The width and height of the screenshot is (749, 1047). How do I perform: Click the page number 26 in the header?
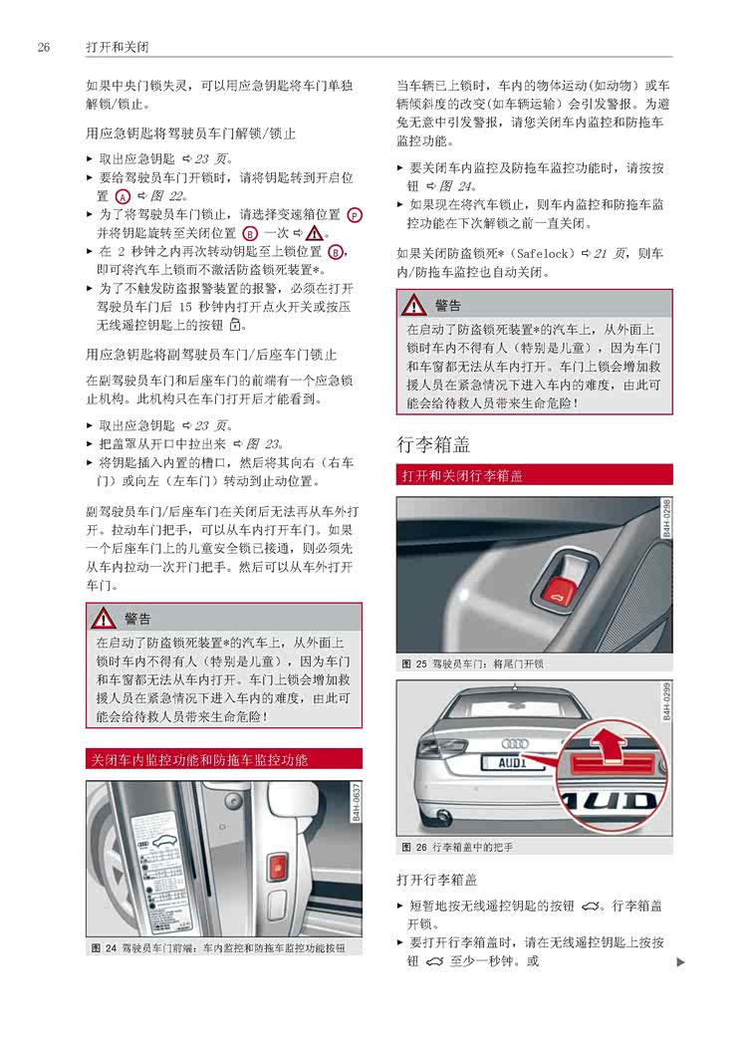tap(43, 47)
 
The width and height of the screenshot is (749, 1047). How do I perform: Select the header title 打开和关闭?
tap(118, 47)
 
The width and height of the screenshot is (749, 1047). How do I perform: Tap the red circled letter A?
tap(123, 196)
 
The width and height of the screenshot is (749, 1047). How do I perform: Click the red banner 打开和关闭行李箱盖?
tap(534, 475)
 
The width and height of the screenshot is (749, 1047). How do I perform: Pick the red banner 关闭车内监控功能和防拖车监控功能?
tap(223, 759)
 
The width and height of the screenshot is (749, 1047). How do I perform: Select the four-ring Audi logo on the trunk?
tap(515, 742)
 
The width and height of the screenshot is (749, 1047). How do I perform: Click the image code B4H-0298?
tap(666, 520)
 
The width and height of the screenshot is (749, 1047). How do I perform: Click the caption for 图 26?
tap(457, 847)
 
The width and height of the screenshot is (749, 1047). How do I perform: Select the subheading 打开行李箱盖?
tap(436, 880)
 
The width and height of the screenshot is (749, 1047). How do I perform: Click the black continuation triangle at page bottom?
tap(680, 961)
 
